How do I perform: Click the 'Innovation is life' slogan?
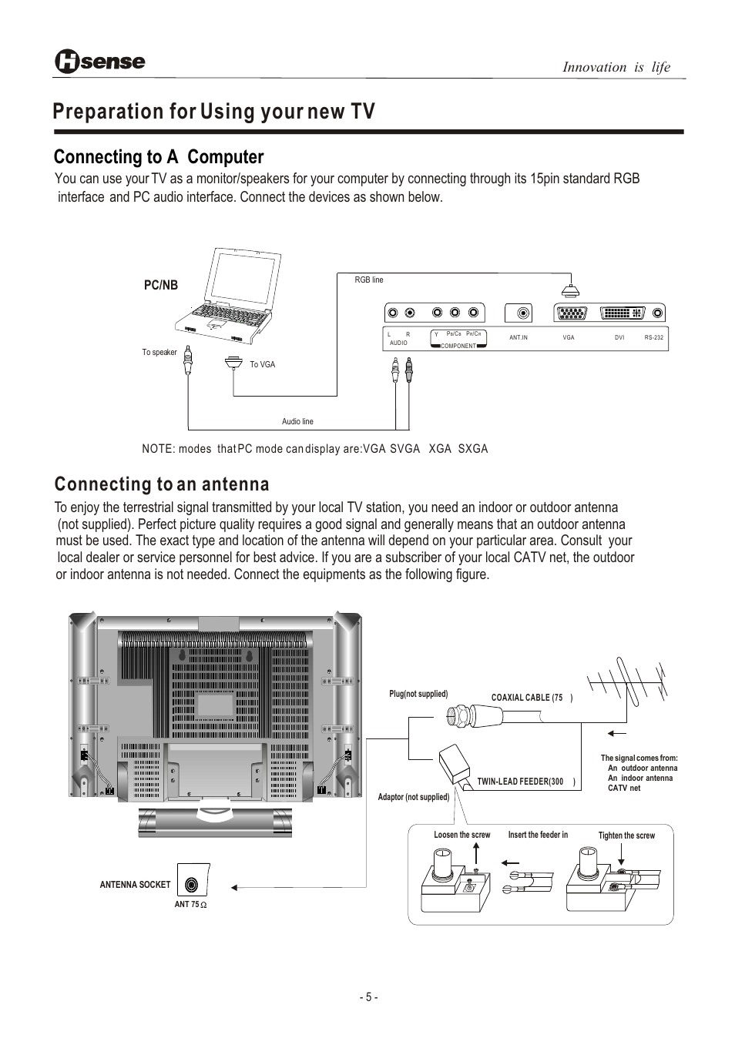click(x=616, y=67)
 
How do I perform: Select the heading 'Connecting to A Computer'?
click(x=159, y=157)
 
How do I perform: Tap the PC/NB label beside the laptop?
click(x=161, y=285)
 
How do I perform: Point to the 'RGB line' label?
click(x=368, y=280)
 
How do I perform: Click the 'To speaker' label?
click(x=159, y=353)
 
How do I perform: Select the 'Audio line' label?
click(x=297, y=422)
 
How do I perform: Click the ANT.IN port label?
click(x=519, y=338)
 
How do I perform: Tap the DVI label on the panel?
click(x=619, y=338)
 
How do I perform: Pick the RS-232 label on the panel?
click(x=654, y=338)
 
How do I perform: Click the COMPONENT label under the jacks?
click(x=458, y=347)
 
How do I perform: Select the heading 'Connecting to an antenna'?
click(x=162, y=484)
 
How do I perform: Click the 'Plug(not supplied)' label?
click(x=418, y=694)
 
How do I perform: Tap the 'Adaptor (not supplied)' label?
click(x=413, y=797)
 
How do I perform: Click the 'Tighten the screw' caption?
click(x=626, y=835)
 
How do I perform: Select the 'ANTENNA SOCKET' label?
click(x=135, y=885)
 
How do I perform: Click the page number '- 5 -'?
click(x=368, y=997)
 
